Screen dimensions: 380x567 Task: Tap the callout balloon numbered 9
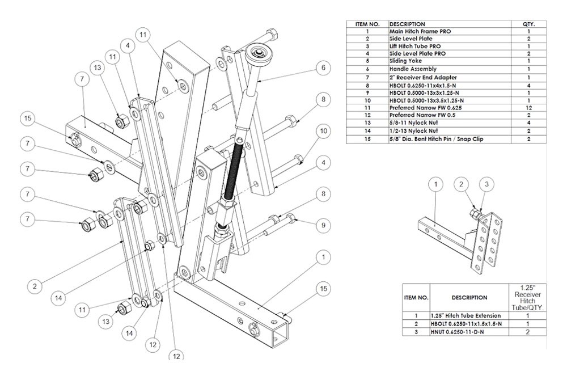point(321,225)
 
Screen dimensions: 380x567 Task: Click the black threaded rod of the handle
point(232,170)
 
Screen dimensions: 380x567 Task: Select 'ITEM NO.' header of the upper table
point(366,24)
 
